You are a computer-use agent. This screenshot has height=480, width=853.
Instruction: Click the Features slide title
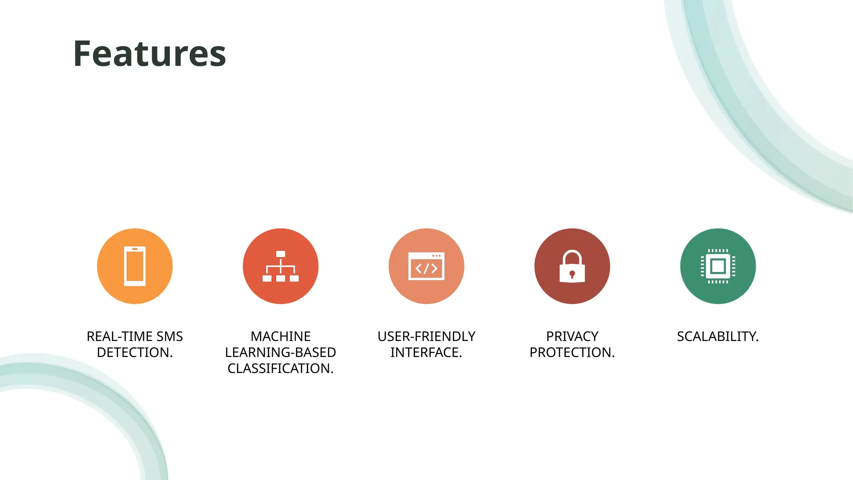(x=150, y=54)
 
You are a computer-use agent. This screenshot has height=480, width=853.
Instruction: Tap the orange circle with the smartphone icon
(x=135, y=266)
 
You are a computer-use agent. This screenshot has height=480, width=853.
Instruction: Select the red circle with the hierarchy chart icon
(x=281, y=266)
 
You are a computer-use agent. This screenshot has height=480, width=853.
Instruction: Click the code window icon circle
(x=426, y=266)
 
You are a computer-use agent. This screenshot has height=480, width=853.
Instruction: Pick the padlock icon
(x=572, y=266)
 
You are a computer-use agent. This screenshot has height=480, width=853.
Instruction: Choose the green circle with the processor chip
(x=718, y=266)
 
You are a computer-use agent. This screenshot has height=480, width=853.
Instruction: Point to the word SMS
(x=170, y=336)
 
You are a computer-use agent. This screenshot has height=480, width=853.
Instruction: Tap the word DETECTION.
(x=135, y=352)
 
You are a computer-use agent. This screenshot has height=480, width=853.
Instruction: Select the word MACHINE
(x=281, y=336)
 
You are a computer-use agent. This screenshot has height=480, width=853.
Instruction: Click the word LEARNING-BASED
(x=281, y=352)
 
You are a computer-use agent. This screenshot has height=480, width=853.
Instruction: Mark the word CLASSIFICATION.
(x=281, y=368)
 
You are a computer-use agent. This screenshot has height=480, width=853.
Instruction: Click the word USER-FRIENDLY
(x=426, y=336)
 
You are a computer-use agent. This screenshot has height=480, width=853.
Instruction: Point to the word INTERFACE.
(x=426, y=352)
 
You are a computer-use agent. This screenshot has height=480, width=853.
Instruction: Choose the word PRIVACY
(x=572, y=336)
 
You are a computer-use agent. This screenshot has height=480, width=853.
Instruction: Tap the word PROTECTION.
(x=572, y=352)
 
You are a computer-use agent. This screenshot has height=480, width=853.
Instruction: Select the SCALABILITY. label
(x=718, y=336)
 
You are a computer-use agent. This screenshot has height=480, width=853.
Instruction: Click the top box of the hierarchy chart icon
(x=281, y=254)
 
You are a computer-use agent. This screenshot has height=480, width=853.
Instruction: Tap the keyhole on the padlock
(x=572, y=274)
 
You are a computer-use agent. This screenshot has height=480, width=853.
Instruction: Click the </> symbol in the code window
(x=426, y=269)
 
